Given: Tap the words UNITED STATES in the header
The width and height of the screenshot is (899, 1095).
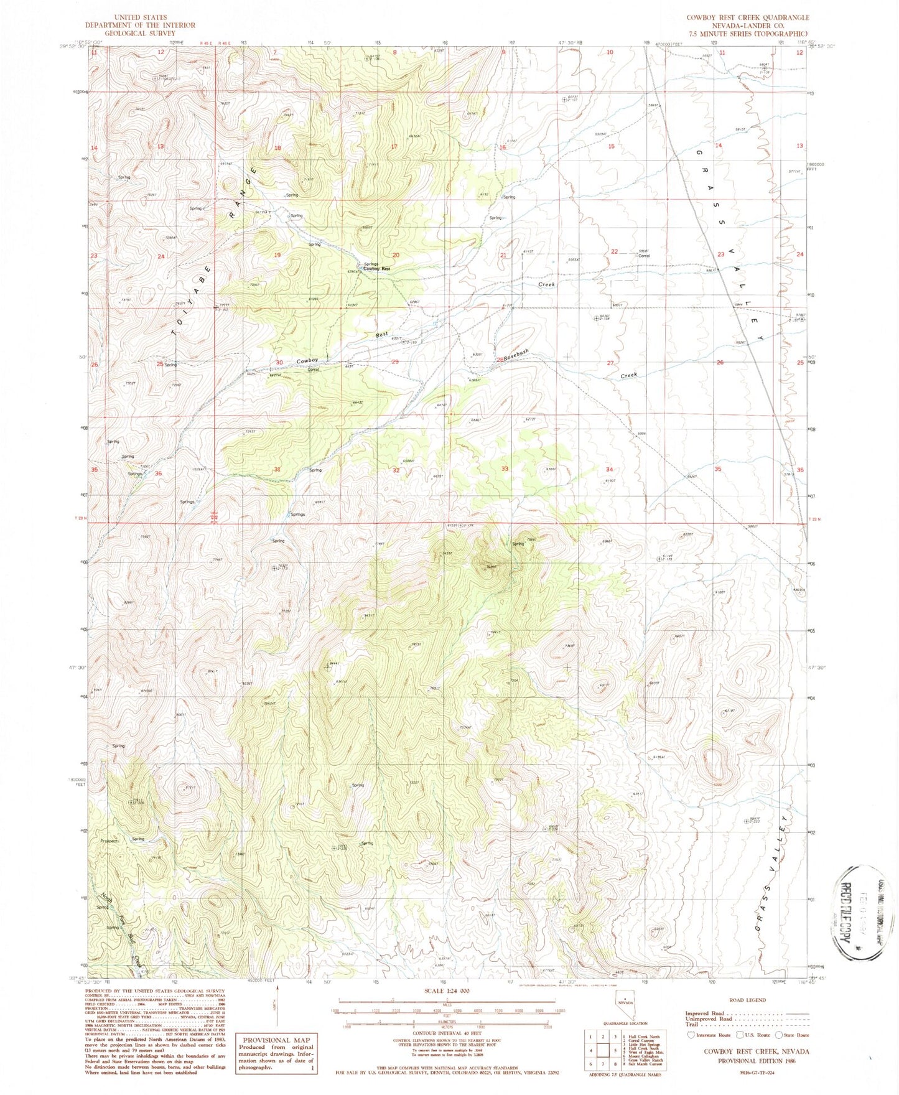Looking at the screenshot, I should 141,17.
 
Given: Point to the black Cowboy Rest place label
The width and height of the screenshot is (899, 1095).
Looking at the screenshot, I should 376,269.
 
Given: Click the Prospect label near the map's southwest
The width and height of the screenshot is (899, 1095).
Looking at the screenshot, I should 109,841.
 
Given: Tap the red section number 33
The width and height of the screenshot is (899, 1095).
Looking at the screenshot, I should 505,468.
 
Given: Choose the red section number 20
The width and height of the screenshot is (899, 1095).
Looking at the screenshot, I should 396,255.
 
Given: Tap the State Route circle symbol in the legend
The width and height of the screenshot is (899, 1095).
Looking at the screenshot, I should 781,1035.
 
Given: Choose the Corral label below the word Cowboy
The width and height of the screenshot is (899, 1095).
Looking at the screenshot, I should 313,370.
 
